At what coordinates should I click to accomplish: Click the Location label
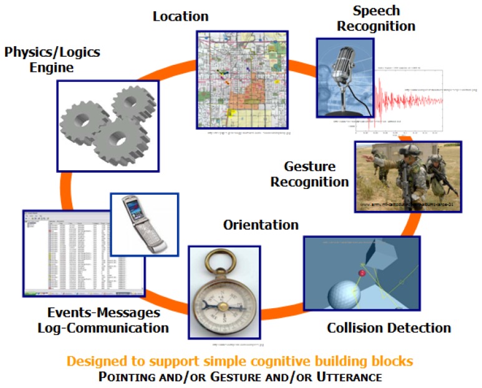tap(181, 16)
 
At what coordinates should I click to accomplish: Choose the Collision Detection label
tap(388, 327)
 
